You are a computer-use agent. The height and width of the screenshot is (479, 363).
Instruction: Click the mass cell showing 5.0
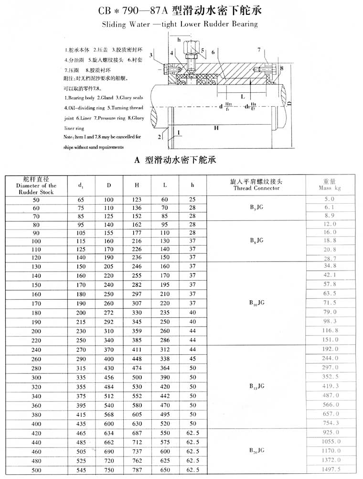[330, 198]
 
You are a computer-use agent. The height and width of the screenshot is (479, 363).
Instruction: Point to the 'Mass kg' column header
[330, 185]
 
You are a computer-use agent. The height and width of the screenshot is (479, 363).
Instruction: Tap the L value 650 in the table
[165, 470]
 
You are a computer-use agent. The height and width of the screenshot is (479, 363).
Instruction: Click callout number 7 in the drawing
[258, 50]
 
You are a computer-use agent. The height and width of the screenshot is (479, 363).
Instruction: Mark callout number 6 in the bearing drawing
[213, 51]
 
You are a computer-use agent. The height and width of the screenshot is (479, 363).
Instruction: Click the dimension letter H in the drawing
[216, 128]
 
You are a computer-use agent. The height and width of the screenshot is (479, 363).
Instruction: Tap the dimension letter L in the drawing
[243, 96]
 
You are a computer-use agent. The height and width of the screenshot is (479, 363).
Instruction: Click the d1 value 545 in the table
[81, 470]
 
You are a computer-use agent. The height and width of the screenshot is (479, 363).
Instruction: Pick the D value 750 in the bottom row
[109, 470]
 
